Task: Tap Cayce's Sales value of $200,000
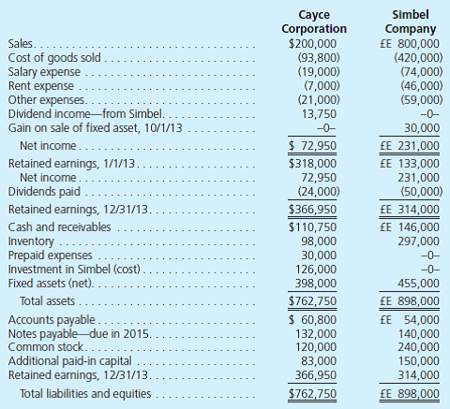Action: tap(313, 44)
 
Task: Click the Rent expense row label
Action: tap(36, 85)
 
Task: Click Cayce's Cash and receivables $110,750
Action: tap(315, 227)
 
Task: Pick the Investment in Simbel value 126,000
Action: tap(321, 269)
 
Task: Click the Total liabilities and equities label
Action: tap(84, 392)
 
